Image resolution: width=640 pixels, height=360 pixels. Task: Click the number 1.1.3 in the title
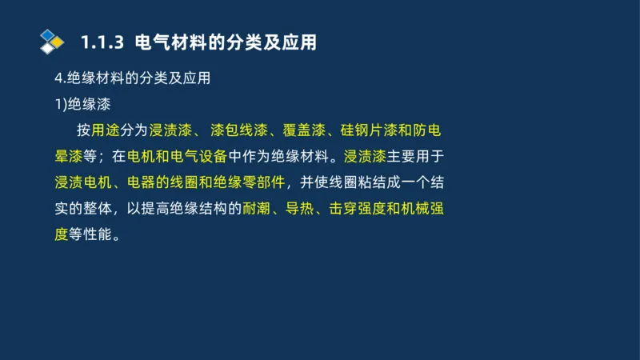tap(104, 42)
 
